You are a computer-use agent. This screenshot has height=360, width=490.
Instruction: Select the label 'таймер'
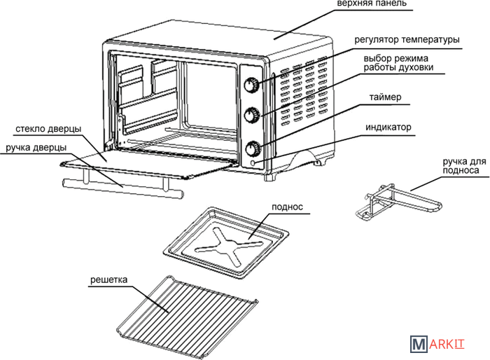point(387,99)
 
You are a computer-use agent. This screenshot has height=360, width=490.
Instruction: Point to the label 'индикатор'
point(388,128)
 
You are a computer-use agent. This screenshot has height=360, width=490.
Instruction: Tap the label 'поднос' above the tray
point(285,207)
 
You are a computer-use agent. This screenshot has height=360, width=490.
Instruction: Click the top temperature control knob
point(251,84)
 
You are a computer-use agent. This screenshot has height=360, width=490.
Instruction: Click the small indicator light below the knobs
point(253,164)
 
